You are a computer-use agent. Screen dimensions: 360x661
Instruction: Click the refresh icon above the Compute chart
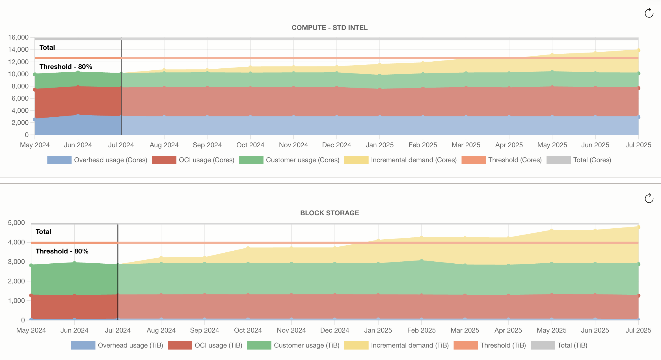649,13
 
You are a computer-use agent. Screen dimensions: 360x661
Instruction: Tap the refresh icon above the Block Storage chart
649,198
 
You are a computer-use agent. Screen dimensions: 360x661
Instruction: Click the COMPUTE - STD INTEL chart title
329,28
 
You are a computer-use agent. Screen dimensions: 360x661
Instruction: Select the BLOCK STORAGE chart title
329,213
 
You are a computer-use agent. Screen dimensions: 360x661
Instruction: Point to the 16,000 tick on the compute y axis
18,37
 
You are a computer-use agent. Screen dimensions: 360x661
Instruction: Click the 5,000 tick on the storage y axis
16,223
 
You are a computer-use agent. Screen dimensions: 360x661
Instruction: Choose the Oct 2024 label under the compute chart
250,145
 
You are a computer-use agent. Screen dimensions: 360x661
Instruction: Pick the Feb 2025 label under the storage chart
421,330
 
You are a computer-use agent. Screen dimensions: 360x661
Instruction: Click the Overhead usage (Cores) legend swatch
59,160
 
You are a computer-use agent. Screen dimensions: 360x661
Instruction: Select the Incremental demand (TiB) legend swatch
356,345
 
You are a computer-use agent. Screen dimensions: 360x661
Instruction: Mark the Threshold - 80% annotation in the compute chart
66,67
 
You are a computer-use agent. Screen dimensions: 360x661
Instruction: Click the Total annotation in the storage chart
43,232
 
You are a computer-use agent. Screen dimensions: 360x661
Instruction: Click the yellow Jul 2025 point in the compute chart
638,50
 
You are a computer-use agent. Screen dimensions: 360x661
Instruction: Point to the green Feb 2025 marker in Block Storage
422,261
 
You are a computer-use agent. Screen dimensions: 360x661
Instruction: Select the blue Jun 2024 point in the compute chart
78,115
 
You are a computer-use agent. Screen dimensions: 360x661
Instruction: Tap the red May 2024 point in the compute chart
35,90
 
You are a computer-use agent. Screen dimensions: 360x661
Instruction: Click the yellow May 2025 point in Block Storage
552,230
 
